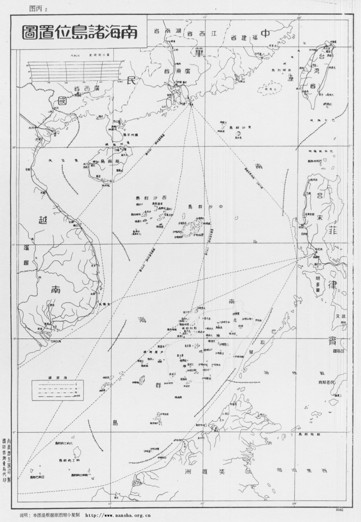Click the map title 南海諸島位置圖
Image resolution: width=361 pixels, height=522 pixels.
point(79,33)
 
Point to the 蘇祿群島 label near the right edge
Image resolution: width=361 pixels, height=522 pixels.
point(311,434)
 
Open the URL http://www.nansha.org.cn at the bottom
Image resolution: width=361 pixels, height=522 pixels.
point(118,515)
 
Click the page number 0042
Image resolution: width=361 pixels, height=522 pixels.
point(340,509)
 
